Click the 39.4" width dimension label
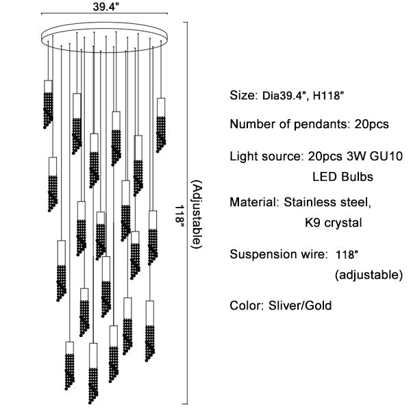pyautogui.click(x=104, y=8)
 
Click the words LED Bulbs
pyautogui.click(x=342, y=177)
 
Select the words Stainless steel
pyautogui.click(x=336, y=203)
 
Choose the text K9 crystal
pyautogui.click(x=332, y=223)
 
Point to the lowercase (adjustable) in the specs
pyautogui.click(x=369, y=275)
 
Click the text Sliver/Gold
pyautogui.click(x=300, y=306)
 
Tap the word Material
pyautogui.click(x=251, y=203)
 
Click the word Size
pyautogui.click(x=242, y=95)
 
